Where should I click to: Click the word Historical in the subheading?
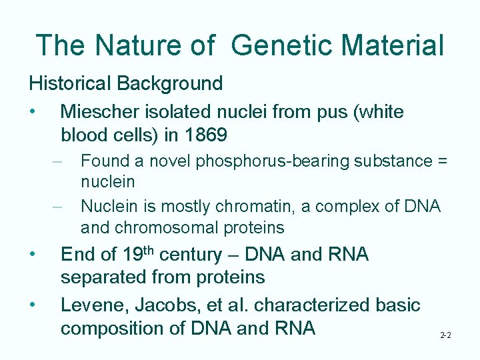click(x=69, y=84)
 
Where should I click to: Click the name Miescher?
click(x=99, y=112)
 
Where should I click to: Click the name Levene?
click(x=94, y=305)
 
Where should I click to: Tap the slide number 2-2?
click(x=445, y=335)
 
